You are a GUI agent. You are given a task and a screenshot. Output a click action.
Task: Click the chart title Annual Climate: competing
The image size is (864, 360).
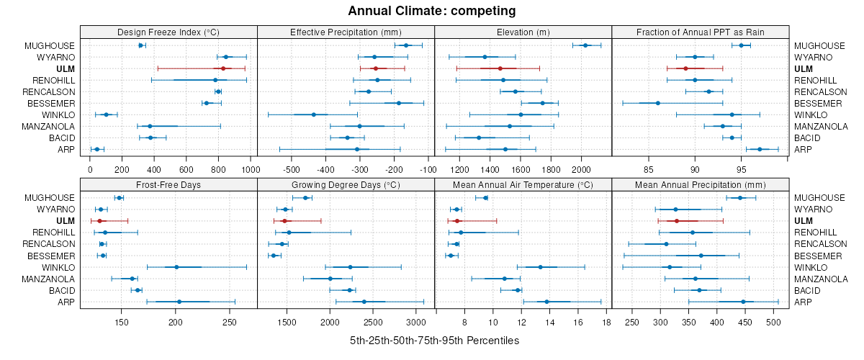point(432,11)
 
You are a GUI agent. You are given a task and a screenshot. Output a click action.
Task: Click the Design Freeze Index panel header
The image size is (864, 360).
point(168,32)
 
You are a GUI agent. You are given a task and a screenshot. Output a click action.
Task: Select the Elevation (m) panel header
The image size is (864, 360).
point(523,32)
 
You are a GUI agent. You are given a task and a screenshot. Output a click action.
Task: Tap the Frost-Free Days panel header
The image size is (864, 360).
point(168,185)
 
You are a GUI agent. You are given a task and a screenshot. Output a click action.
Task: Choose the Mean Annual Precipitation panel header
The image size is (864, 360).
point(701,185)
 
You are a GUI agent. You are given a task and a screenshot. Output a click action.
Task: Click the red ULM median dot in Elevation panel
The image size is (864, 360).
point(500,68)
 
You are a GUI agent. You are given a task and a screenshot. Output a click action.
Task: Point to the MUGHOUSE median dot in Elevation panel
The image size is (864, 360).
point(585,45)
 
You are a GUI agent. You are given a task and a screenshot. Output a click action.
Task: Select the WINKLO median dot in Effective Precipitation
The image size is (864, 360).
point(314,114)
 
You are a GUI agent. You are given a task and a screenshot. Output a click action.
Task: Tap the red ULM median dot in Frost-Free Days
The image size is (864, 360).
point(99,220)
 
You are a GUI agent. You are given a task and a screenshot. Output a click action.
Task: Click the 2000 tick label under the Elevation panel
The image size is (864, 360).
point(581,170)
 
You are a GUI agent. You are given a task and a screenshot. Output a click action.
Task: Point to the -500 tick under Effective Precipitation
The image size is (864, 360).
point(292,170)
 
